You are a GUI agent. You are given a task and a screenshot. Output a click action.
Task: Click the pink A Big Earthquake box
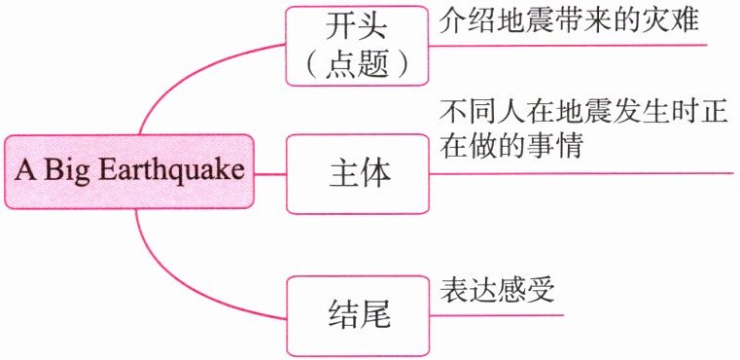point(129,171)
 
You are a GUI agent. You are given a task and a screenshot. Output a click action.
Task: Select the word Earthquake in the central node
point(173,170)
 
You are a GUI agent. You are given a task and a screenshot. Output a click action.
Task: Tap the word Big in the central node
point(68,172)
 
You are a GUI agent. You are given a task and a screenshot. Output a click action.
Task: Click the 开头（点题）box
point(357,46)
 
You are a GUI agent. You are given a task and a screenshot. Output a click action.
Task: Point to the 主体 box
point(358,174)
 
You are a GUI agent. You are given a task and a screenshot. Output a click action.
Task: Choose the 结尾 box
point(358,316)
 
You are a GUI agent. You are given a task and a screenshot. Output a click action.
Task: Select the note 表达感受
point(497,290)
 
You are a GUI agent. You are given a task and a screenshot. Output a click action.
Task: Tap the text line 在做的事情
point(511,147)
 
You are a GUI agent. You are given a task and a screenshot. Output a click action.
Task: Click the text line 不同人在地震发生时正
point(583,115)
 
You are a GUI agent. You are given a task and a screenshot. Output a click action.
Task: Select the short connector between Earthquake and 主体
point(270,174)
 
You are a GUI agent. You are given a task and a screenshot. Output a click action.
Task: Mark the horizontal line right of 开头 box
point(568,46)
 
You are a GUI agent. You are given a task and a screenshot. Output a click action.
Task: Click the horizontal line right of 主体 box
point(581,173)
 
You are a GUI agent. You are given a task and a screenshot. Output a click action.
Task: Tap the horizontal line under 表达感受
point(497,315)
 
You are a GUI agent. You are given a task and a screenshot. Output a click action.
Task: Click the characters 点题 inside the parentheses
point(357,66)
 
